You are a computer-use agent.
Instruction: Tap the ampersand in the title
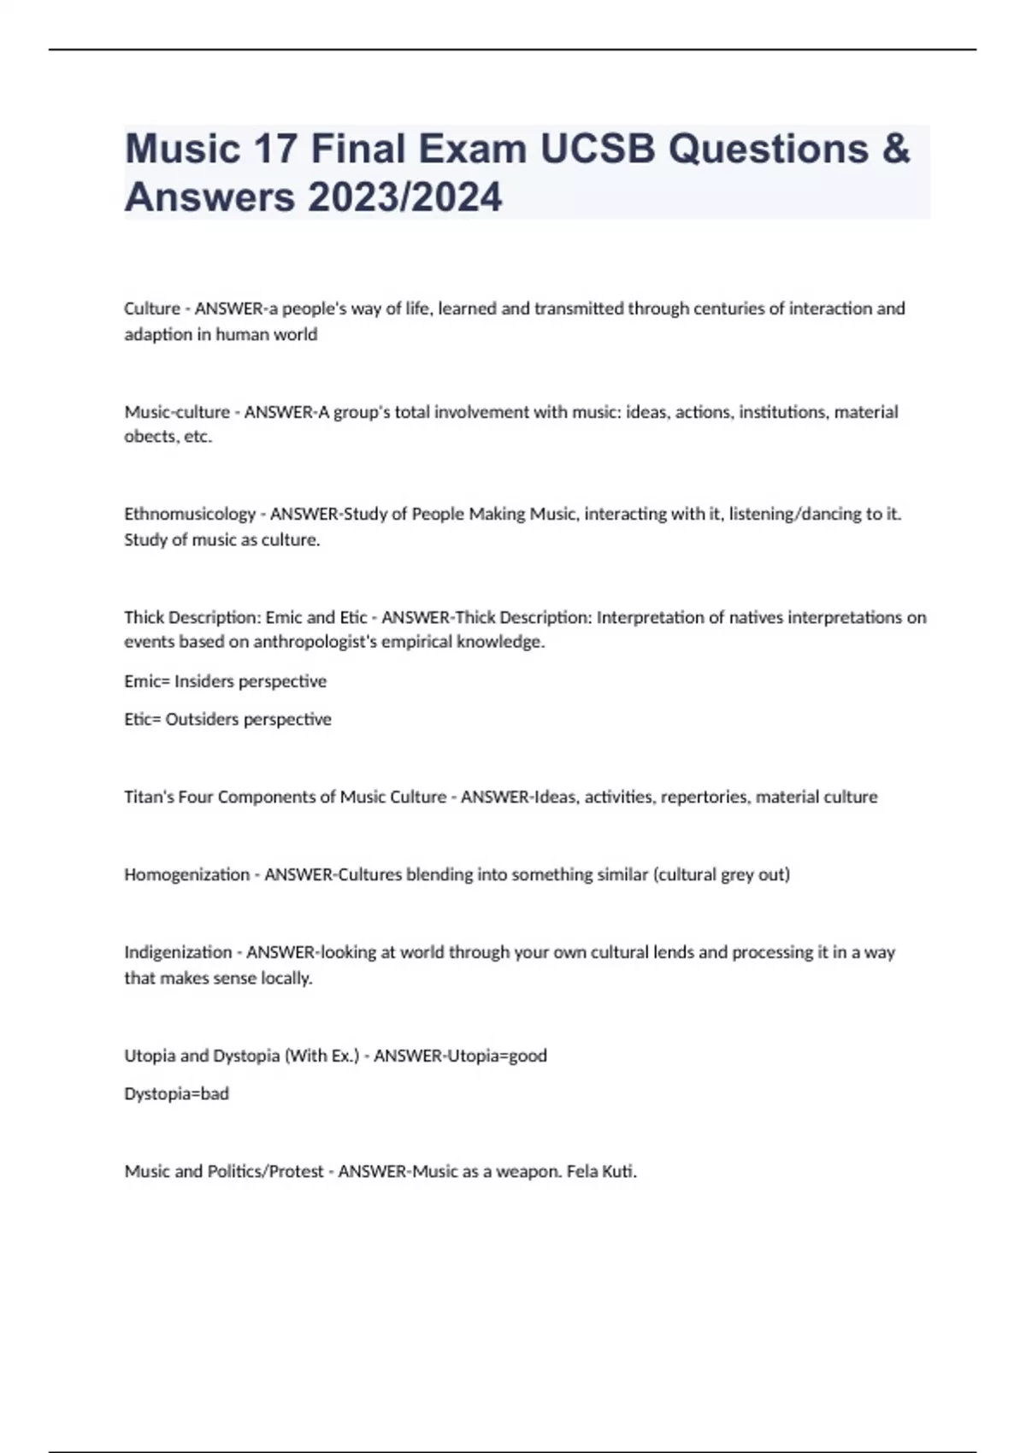tap(894, 149)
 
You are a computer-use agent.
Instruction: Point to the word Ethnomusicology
tap(190, 514)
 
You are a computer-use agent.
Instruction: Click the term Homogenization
tap(186, 874)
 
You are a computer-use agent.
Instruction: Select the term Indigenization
tap(178, 952)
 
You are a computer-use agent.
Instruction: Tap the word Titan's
tap(149, 797)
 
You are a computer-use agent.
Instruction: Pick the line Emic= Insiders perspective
tap(225, 681)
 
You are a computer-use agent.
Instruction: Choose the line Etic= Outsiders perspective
tap(227, 720)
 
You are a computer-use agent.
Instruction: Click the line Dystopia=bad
tap(176, 1094)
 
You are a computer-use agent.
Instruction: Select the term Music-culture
tap(177, 412)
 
